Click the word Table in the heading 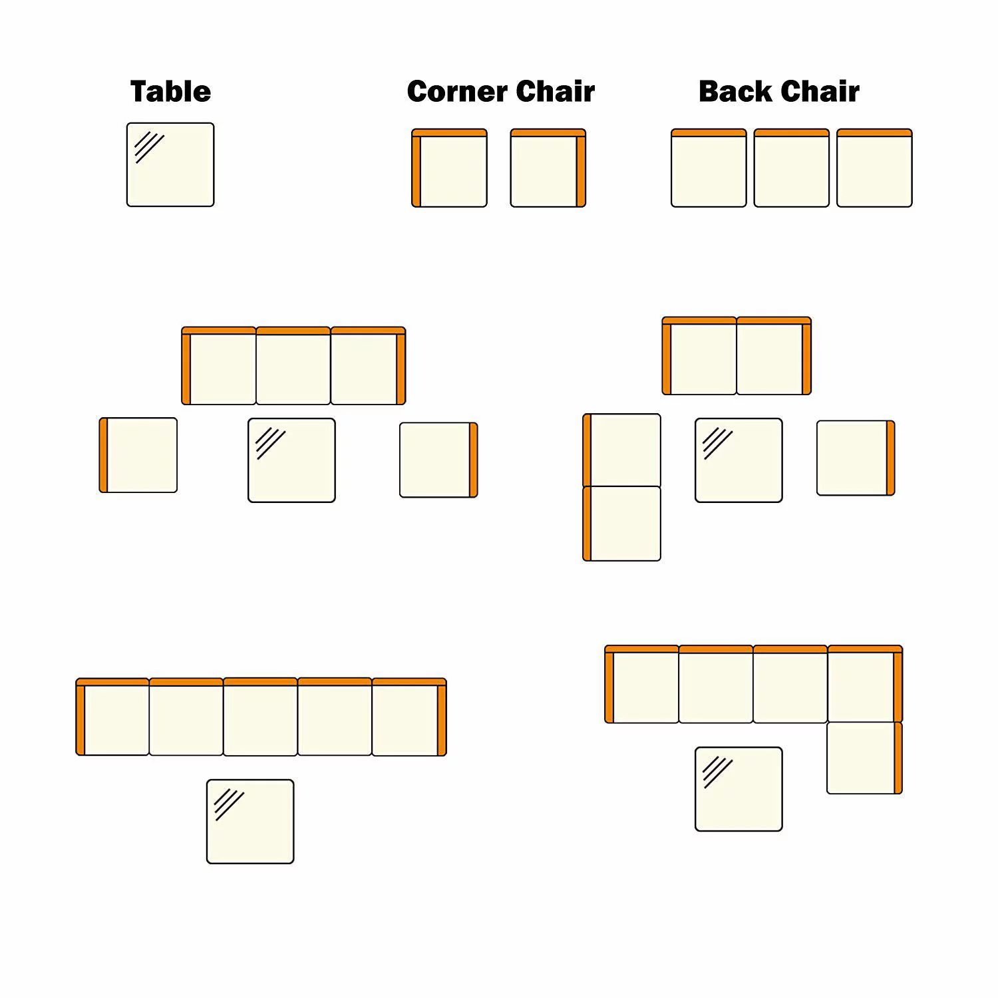[x=170, y=91]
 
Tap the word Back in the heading [x=735, y=91]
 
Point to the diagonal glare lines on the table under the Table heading [x=149, y=147]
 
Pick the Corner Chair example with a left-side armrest [x=449, y=168]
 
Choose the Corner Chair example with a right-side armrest [x=548, y=168]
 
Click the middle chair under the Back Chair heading [x=792, y=168]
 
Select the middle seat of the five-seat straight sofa [x=260, y=717]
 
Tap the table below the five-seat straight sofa [x=250, y=822]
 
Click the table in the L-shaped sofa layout [x=739, y=789]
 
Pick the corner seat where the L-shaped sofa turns [x=865, y=684]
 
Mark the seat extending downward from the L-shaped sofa [x=864, y=758]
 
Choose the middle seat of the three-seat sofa [x=293, y=366]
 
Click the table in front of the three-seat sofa [x=291, y=460]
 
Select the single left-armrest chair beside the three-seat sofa [x=138, y=455]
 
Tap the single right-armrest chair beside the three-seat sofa [x=438, y=460]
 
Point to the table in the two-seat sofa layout [x=739, y=460]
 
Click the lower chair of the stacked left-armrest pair [x=621, y=524]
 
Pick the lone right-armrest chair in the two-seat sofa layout [x=856, y=458]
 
